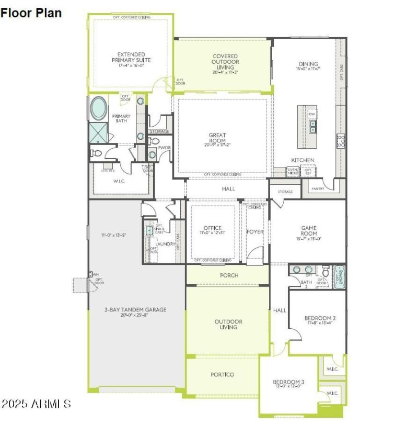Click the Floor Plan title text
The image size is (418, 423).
click(x=31, y=13)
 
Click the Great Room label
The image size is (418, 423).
click(x=217, y=138)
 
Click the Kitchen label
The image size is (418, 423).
click(x=303, y=160)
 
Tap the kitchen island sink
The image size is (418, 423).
click(x=312, y=127)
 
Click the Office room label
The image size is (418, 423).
click(x=213, y=230)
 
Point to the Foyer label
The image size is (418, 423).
click(x=256, y=231)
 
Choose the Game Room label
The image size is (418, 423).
click(x=308, y=231)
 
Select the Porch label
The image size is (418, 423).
click(x=229, y=275)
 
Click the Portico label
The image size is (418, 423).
click(x=222, y=374)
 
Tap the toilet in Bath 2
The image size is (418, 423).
click(x=325, y=272)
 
